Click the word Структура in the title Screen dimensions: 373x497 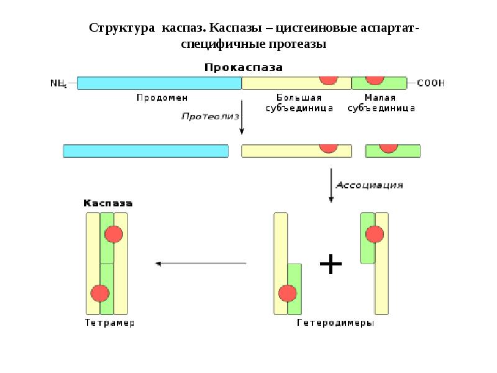tap(121, 29)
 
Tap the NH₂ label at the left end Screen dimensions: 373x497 tap(58, 83)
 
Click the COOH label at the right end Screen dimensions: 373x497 tap(431, 83)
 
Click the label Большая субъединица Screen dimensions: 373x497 tap(298, 103)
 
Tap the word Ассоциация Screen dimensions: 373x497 tap(370, 185)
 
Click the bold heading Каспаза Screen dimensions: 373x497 tap(108, 203)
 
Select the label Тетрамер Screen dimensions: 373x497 tap(109, 323)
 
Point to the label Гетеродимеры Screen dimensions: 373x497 tap(335, 323)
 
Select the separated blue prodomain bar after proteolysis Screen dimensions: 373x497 tap(145, 150)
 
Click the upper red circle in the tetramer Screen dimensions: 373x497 tap(114, 234)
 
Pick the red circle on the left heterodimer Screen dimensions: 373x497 tap(288, 292)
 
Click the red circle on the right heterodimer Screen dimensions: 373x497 tap(374, 234)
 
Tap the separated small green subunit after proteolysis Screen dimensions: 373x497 tap(393, 150)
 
